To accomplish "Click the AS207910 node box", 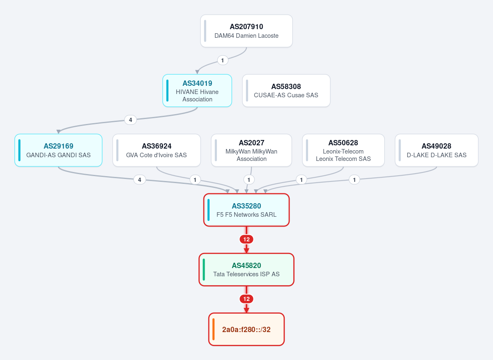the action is click(246, 31).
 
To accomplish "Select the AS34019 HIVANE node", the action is click(197, 91).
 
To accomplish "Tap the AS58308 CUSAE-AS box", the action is click(286, 91).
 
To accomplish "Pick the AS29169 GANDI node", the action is click(58, 150).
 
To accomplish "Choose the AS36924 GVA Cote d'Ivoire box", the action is click(157, 150).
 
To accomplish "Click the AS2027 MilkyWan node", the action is click(251, 150).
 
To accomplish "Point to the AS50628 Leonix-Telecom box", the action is click(343, 150).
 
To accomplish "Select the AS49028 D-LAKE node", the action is click(436, 150).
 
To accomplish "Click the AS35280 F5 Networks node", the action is click(246, 210).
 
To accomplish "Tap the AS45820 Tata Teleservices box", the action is click(246, 269).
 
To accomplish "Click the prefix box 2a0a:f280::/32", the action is click(246, 329).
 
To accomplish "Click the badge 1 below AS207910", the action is click(223, 60).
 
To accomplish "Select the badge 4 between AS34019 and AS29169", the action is click(131, 120).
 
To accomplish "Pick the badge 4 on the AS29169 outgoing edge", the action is click(140, 180).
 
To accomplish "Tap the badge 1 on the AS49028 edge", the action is click(354, 180).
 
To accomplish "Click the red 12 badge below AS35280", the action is click(246, 239).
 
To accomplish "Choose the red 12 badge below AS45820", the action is click(246, 299).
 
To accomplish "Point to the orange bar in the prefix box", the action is click(213, 329).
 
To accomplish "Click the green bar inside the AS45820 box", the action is click(204, 269).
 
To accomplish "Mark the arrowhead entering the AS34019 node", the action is click(197, 72).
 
